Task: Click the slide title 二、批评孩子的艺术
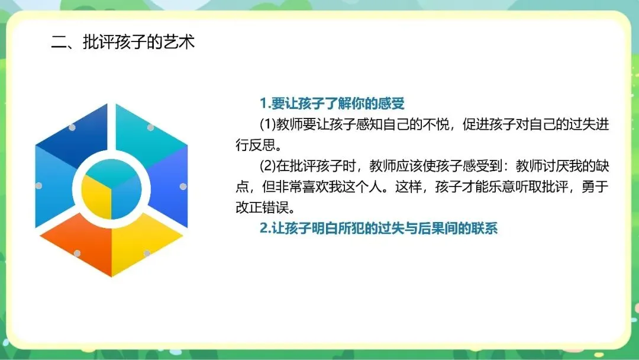[x=123, y=42]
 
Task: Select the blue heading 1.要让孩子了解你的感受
[x=332, y=104]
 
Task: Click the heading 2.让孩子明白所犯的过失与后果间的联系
[x=379, y=229]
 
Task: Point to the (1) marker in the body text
[x=268, y=124]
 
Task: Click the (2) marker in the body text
[x=268, y=166]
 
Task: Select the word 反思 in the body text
[x=262, y=145]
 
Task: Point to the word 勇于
[x=595, y=187]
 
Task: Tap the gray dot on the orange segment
[x=77, y=253]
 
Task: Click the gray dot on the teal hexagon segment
[x=150, y=128]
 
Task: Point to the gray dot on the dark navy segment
[x=72, y=128]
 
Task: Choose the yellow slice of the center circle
[x=97, y=198]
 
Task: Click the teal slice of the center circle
[x=111, y=171]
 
